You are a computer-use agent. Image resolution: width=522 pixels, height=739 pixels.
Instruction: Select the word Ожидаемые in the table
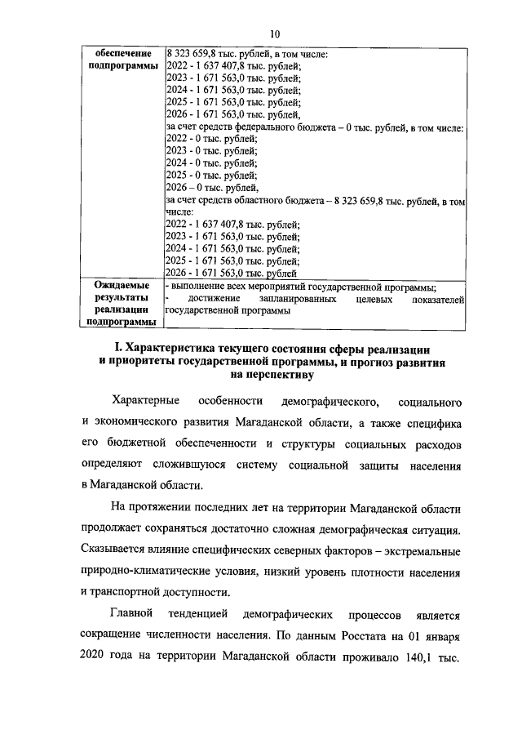[123, 286]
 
